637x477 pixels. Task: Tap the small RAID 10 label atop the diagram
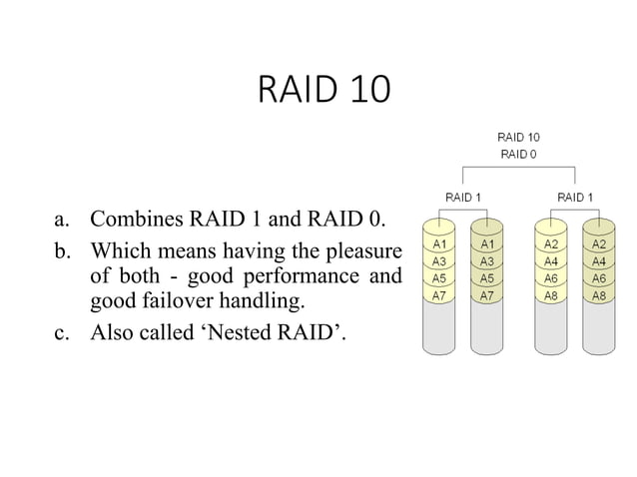(x=518, y=137)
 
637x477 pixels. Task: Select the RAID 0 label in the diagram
(x=518, y=154)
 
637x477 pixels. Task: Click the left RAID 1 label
(x=462, y=198)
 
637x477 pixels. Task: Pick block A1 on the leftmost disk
(x=438, y=243)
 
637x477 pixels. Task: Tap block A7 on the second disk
(x=486, y=296)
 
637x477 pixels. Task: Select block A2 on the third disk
(x=551, y=243)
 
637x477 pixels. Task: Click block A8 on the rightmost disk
(x=599, y=296)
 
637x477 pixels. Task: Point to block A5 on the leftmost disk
(x=438, y=278)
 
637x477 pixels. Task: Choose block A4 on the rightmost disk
(x=599, y=261)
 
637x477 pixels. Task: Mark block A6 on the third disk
(x=551, y=278)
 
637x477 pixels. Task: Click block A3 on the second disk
(x=486, y=261)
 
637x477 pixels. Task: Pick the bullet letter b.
(x=62, y=247)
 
